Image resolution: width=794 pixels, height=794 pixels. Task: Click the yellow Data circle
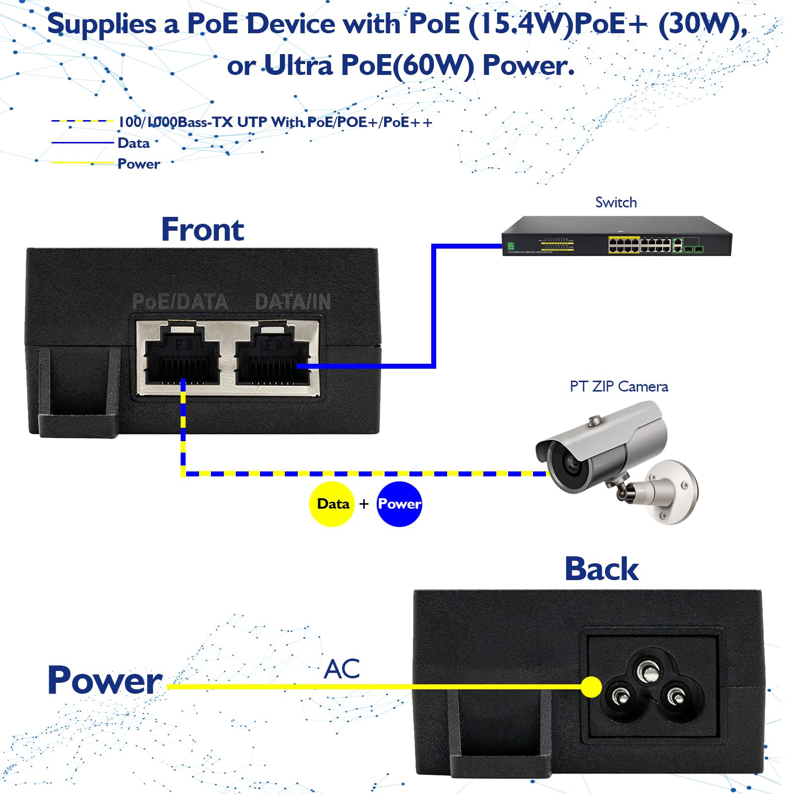[332, 504]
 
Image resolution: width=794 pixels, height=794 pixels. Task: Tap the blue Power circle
[399, 504]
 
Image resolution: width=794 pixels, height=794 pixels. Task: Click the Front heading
[202, 229]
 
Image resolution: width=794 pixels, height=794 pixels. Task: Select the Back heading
[601, 569]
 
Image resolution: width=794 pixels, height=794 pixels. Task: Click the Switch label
[616, 202]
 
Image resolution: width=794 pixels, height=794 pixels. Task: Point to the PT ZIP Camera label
[618, 387]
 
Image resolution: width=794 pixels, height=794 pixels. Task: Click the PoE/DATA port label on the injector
[180, 302]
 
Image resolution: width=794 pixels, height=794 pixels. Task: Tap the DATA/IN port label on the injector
[293, 302]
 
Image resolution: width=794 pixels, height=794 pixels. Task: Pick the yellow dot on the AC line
[591, 687]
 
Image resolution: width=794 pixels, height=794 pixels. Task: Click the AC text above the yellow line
[342, 669]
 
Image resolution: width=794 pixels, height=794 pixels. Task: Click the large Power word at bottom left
[105, 680]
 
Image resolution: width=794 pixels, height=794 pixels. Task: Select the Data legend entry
[133, 143]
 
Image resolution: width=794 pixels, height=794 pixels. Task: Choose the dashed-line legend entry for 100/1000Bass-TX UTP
[275, 122]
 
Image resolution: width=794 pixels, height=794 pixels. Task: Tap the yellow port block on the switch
[624, 245]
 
